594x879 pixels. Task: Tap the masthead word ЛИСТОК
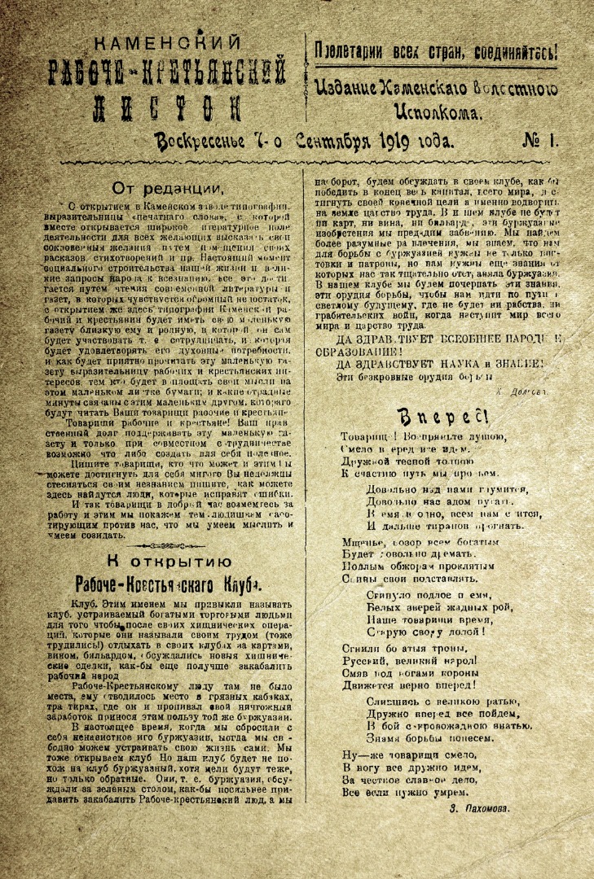click(169, 106)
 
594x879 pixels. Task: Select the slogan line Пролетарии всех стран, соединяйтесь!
click(437, 51)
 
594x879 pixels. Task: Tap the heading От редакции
click(168, 188)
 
